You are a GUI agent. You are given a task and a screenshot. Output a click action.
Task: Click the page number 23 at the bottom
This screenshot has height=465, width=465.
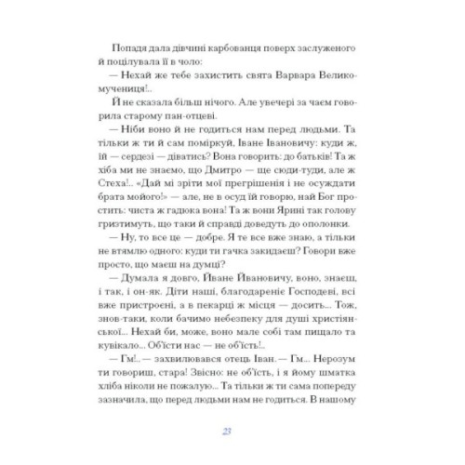(x=232, y=431)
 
